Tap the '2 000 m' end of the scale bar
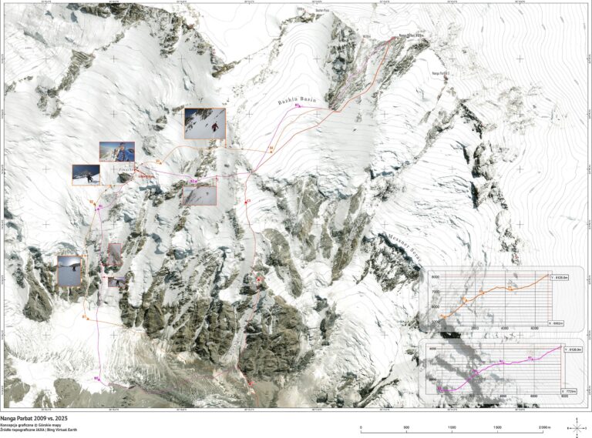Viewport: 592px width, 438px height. pyautogui.click(x=543, y=428)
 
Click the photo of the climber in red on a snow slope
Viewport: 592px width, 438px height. pyautogui.click(x=205, y=123)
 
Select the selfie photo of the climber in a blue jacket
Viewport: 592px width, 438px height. pyautogui.click(x=116, y=152)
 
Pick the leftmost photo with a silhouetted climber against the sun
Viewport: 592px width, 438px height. pyautogui.click(x=69, y=271)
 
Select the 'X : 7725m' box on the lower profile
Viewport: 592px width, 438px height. pyautogui.click(x=569, y=391)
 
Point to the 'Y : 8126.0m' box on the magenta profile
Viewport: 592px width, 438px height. pyautogui.click(x=570, y=350)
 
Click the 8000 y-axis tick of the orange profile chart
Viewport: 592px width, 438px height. pyautogui.click(x=435, y=276)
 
